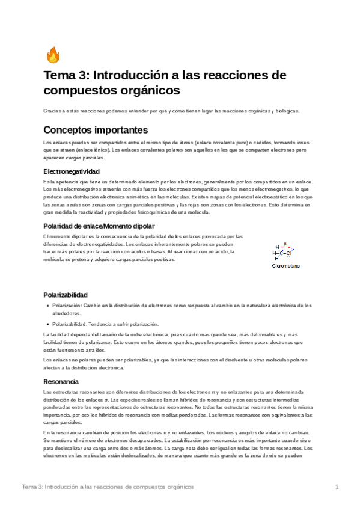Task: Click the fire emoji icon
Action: click(x=53, y=55)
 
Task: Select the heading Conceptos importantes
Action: click(x=96, y=129)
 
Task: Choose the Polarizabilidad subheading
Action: click(x=66, y=295)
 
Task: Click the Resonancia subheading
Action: click(x=61, y=381)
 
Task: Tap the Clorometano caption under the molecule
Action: click(x=286, y=265)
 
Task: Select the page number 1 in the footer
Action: click(x=338, y=486)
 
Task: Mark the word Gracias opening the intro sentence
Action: click(x=52, y=111)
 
